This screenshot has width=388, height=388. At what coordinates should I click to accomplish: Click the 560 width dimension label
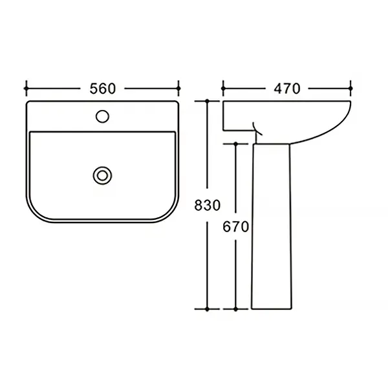pos(102,89)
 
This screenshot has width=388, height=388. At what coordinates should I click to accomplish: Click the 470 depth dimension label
pos(286,89)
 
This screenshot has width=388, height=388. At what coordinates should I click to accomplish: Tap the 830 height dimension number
pos(207,205)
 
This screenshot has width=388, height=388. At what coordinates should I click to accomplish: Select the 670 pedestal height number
pos(235,227)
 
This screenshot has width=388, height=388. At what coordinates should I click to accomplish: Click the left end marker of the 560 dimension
pos(27,89)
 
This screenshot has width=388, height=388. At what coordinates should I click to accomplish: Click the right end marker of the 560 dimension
pos(178,89)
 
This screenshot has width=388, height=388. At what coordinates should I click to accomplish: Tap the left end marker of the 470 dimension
pos(223,89)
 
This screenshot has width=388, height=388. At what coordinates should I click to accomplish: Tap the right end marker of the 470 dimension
pos(350,89)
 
